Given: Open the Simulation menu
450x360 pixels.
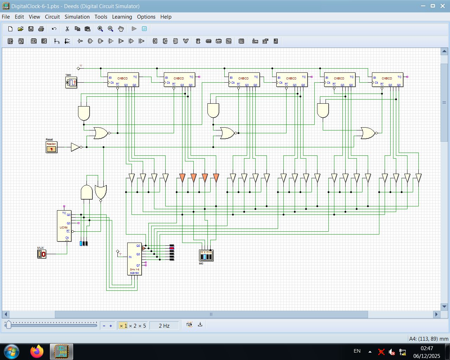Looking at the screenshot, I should tap(77, 17).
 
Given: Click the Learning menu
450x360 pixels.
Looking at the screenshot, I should tap(122, 17).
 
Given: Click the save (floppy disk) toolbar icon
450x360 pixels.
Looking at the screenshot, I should tap(31, 29).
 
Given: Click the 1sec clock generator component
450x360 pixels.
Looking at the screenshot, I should tap(71, 83).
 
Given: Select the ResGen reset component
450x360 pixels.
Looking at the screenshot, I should tap(51, 147).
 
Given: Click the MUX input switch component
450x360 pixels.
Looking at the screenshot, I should tap(41, 254).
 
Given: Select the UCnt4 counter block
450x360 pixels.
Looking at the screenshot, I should tap(64, 226).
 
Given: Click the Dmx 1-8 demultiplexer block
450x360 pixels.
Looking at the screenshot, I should tap(134, 259).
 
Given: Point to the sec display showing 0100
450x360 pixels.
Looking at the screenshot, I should tap(206, 256).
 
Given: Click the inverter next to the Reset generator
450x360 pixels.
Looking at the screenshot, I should tap(75, 147).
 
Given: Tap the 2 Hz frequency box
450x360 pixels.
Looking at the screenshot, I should tap(164, 326).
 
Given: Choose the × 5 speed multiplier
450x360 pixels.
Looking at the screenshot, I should tap(142, 326).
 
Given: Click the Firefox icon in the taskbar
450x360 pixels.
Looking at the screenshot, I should tap(37, 351).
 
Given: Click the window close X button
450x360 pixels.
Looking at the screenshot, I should tap(442, 6).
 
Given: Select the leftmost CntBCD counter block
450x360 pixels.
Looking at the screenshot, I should tap(123, 80).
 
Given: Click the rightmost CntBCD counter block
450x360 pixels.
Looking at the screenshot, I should tap(387, 80).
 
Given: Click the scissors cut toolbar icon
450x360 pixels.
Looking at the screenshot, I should tap(67, 29).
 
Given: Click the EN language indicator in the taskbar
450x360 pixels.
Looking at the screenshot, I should tap(357, 351).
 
